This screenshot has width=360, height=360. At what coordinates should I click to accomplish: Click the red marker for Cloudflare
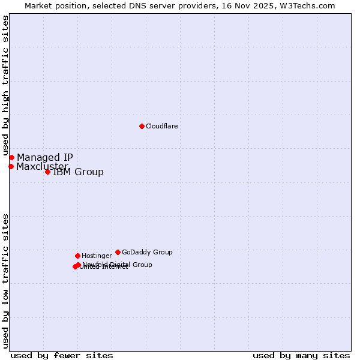(x=142, y=126)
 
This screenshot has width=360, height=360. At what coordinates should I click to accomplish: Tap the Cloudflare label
(x=162, y=126)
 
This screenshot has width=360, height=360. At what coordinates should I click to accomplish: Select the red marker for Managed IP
(x=11, y=157)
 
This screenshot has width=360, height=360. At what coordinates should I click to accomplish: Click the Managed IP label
(x=45, y=157)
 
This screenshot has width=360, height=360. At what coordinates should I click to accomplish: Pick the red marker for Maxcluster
(x=11, y=166)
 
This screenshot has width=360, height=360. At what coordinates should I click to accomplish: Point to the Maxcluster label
(x=42, y=166)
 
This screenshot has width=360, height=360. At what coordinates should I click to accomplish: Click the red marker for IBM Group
(x=47, y=172)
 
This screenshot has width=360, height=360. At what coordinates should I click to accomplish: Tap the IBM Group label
(x=78, y=172)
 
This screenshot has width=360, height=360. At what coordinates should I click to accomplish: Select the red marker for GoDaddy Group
(x=118, y=252)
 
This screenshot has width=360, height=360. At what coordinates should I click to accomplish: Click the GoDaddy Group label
(x=147, y=252)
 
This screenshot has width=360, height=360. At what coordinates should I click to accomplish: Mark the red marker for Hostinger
(x=77, y=256)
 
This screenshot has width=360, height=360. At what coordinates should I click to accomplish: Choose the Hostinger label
(x=97, y=256)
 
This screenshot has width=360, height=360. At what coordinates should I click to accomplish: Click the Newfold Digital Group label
(x=118, y=264)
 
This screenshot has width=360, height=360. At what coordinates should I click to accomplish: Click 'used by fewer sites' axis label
(x=62, y=355)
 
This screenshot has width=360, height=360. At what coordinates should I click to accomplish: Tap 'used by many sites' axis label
(x=301, y=355)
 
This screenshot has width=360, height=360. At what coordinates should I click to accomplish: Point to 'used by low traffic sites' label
(x=6, y=280)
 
